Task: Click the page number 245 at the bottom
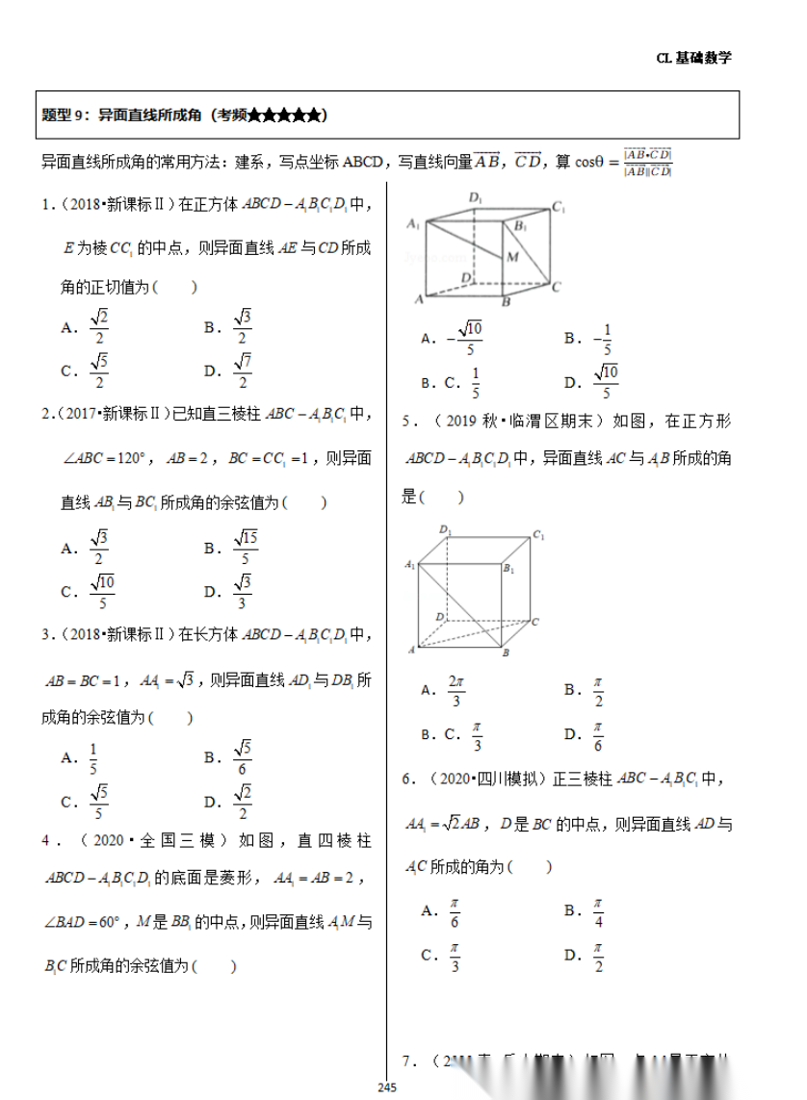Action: (388, 1087)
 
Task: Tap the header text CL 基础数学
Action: (693, 58)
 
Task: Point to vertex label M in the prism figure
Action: (512, 257)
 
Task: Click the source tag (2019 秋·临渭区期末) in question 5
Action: (519, 421)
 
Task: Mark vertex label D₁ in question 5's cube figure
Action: (445, 529)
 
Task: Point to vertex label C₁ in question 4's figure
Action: (558, 207)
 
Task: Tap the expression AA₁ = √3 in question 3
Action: (173, 680)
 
